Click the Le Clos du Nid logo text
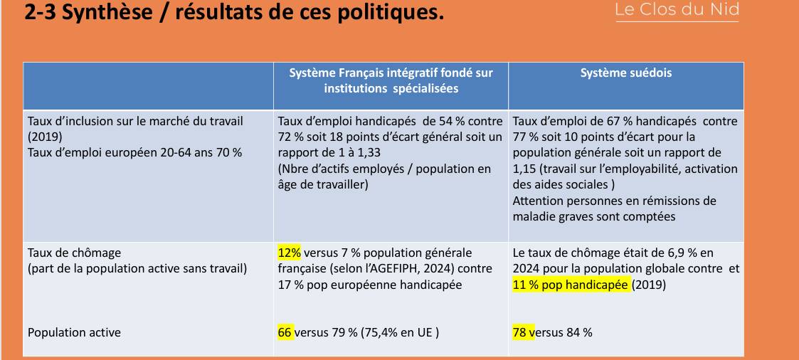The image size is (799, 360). (x=677, y=10)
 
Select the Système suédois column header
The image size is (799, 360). (x=625, y=73)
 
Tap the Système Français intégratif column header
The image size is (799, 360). (x=391, y=80)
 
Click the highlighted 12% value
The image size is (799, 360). (x=290, y=253)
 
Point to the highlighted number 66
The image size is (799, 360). (x=285, y=332)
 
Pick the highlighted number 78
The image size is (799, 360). (x=521, y=332)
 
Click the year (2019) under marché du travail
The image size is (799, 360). (x=45, y=137)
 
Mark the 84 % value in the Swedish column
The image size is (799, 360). (x=579, y=332)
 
